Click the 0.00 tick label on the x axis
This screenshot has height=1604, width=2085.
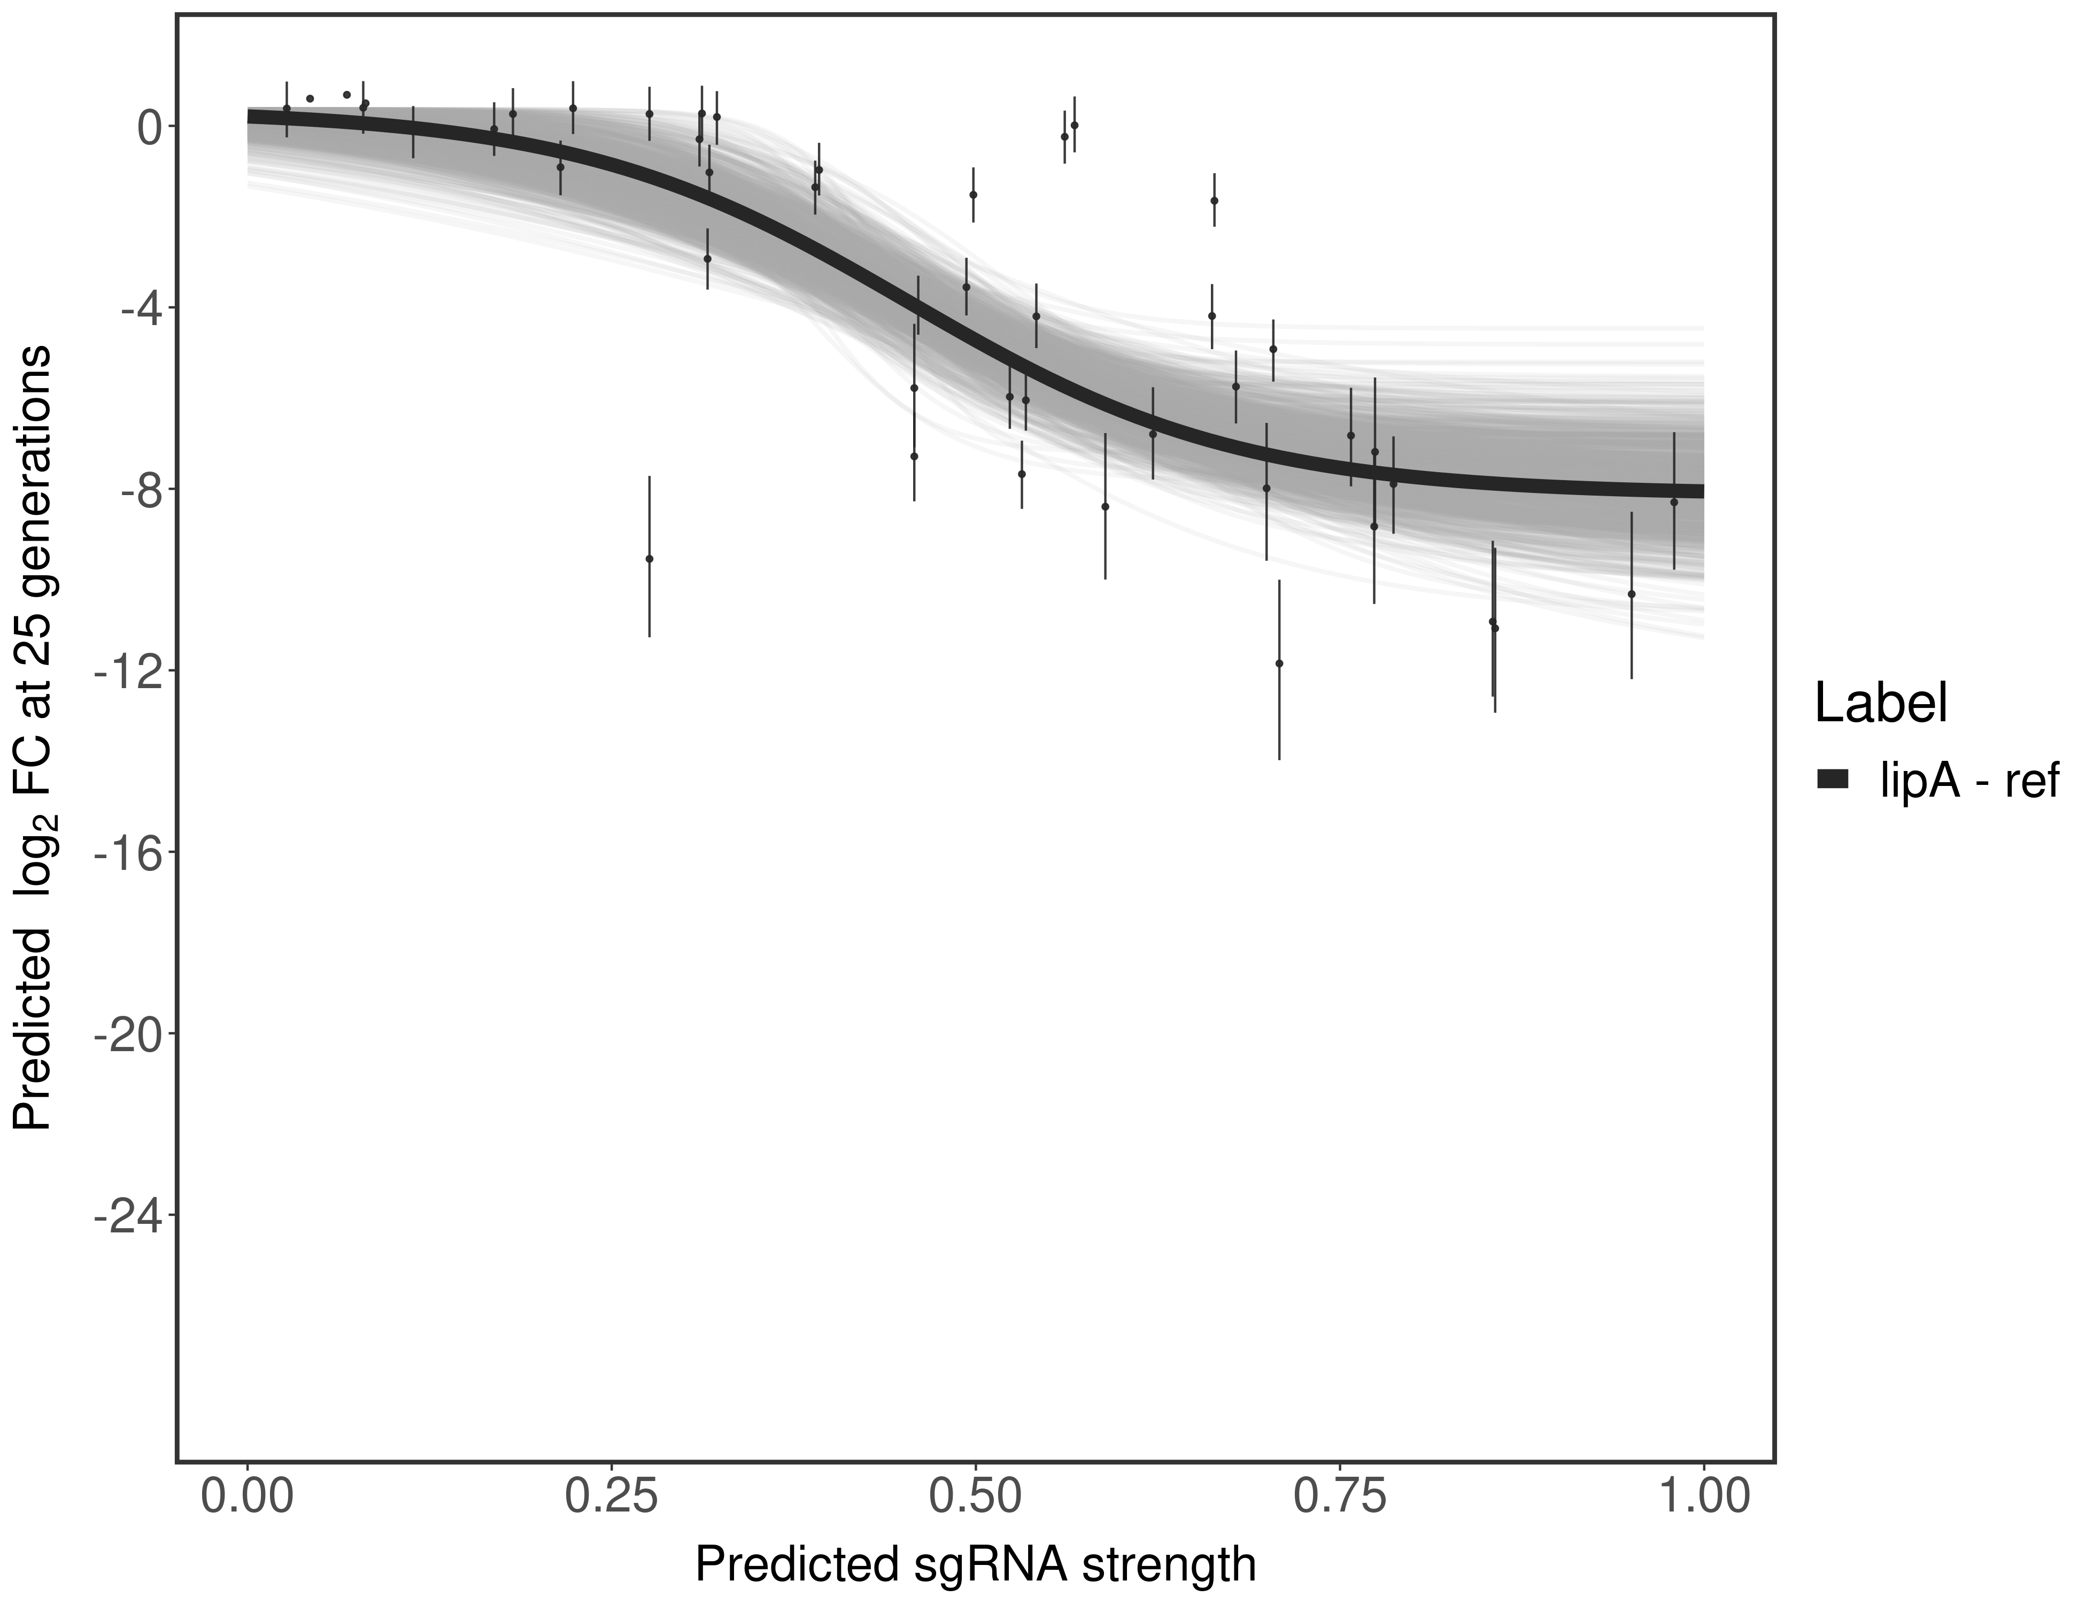(x=247, y=1497)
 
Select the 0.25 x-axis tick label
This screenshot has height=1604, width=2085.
(x=611, y=1497)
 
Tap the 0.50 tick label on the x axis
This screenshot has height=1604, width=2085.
(x=975, y=1497)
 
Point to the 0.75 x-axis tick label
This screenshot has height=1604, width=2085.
(x=1339, y=1497)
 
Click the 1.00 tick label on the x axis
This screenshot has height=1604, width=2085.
(x=1703, y=1497)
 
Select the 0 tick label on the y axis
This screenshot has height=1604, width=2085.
(x=149, y=127)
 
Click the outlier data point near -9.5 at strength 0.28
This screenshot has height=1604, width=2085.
(x=649, y=559)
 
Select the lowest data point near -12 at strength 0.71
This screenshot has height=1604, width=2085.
(x=1279, y=664)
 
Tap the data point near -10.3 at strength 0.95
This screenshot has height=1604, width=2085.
(x=1632, y=594)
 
